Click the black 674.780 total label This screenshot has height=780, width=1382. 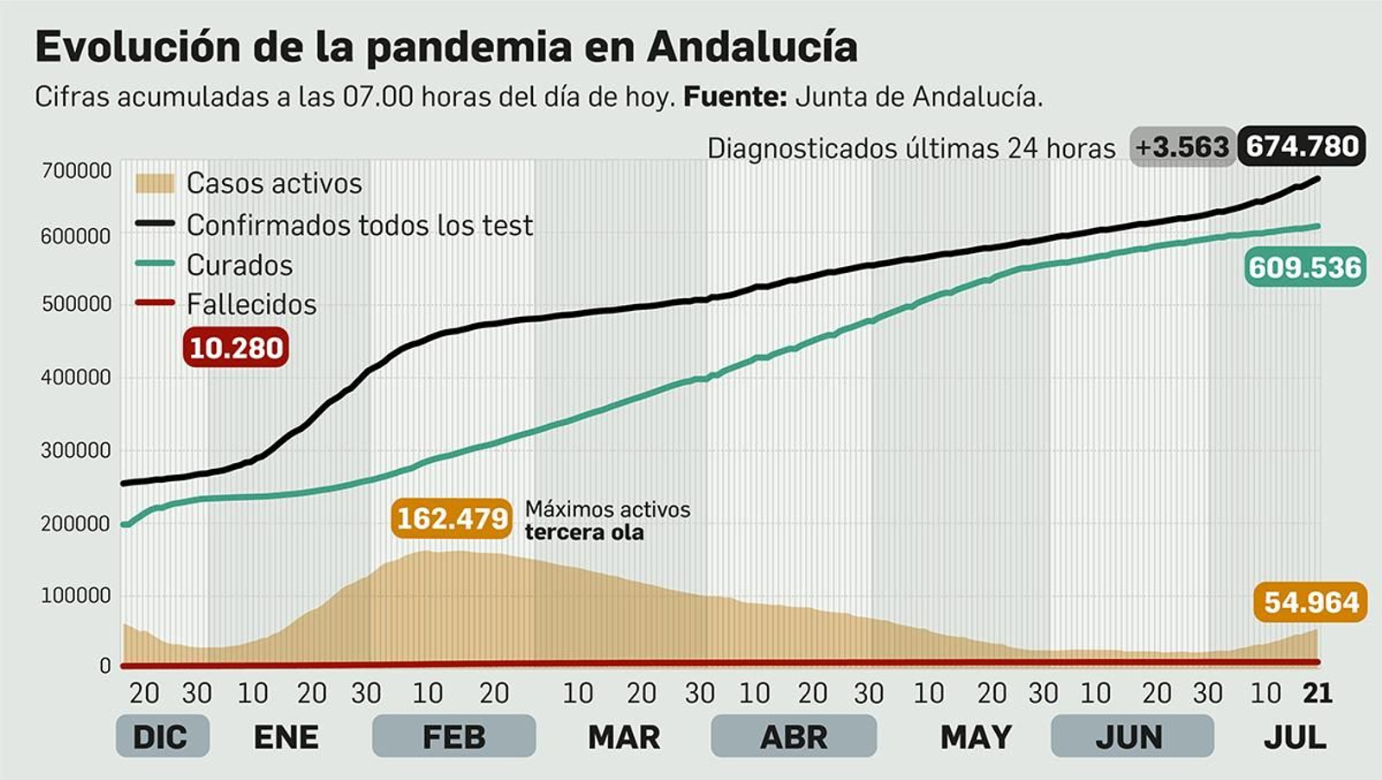(x=1302, y=147)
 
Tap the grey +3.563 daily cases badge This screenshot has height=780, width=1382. (x=1182, y=148)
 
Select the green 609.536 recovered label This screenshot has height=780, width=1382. (x=1304, y=268)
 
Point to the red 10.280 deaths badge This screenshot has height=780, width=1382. (x=236, y=348)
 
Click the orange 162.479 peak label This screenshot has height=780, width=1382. (x=452, y=519)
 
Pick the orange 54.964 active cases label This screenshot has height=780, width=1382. (x=1310, y=602)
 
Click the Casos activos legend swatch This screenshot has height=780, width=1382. (x=155, y=183)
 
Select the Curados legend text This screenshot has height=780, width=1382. (x=239, y=265)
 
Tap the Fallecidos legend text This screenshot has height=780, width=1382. (x=251, y=304)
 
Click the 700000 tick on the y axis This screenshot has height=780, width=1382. (x=77, y=171)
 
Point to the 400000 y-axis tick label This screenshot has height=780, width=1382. (x=77, y=377)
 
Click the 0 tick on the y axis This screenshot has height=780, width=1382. (x=105, y=666)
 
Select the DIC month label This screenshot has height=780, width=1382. (x=161, y=737)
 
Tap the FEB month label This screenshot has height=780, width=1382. (x=453, y=737)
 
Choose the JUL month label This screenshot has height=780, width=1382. (x=1295, y=737)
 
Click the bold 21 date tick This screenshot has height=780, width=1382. (x=1317, y=693)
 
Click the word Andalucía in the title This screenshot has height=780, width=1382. (x=751, y=47)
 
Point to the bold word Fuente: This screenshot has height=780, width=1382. (x=734, y=97)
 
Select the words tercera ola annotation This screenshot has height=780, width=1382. (x=584, y=532)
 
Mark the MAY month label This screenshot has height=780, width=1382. (x=976, y=737)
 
